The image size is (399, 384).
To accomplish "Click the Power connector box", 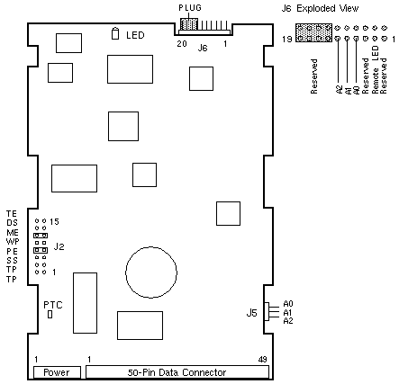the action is coord(57,372).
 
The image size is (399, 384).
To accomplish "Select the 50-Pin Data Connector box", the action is coord(177,372).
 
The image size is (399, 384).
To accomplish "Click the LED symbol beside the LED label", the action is coord(115,33).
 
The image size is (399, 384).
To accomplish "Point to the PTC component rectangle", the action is coord(50,314).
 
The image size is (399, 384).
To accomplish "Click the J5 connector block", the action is coord(267,311).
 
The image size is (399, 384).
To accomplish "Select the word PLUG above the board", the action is coord(190,8).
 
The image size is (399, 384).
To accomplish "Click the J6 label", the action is coord(203,48).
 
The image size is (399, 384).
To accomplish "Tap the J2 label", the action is coord(59,246).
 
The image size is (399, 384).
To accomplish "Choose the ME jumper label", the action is coord(13,233).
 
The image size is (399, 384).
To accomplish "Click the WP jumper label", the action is coord(13,241).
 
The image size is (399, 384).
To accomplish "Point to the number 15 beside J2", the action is coord(54,222).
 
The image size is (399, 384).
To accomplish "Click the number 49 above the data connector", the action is coord(262,359).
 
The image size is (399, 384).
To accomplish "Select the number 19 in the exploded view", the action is coord(287,39).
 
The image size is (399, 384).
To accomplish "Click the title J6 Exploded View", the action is coord(320,8).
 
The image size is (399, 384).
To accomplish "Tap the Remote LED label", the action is coord(376,70).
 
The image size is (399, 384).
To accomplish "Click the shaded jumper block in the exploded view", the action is coord(313,32).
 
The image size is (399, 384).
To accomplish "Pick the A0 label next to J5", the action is coord(288,304).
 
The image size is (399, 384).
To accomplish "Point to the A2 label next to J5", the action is coord(288,321).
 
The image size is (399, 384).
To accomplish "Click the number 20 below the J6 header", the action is coord(182,44).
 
